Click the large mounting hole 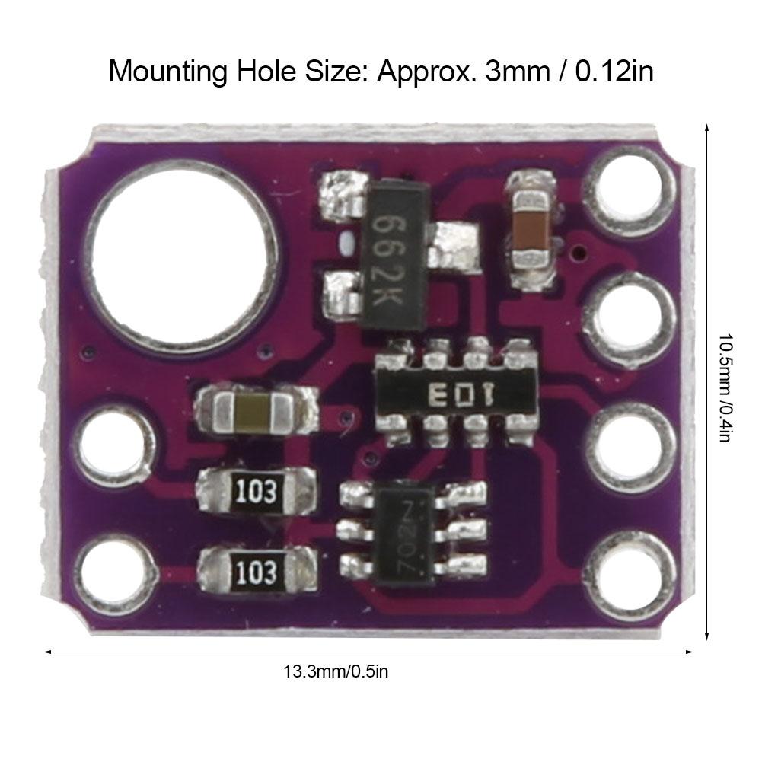pyautogui.click(x=183, y=259)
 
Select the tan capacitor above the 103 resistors pyautogui.click(x=255, y=411)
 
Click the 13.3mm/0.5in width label pyautogui.click(x=336, y=671)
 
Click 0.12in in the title pyautogui.click(x=614, y=72)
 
